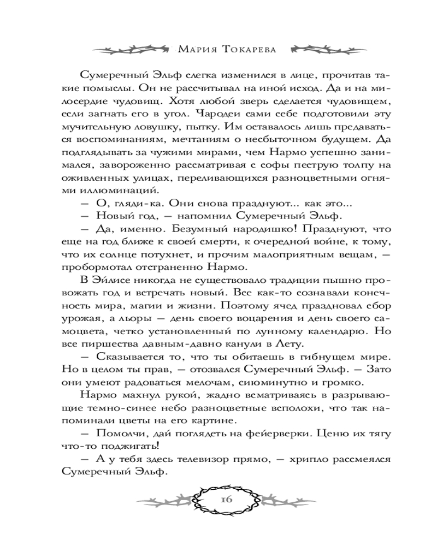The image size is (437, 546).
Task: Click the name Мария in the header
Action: click(x=197, y=50)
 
